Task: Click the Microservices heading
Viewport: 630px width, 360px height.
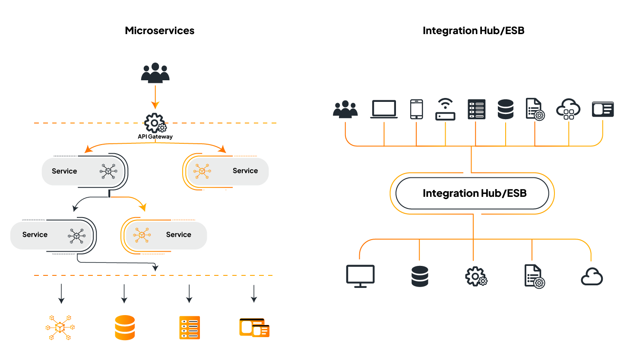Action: coord(159,31)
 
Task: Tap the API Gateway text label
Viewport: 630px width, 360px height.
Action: coord(155,137)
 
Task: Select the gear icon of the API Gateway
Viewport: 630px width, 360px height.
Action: coord(155,123)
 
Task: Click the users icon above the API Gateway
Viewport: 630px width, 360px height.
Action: coord(155,73)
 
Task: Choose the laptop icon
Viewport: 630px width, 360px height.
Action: coord(384,109)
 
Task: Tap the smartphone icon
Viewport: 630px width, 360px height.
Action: coord(416,109)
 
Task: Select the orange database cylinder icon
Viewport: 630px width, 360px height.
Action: coord(125,328)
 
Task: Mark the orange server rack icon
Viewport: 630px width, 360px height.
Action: coord(190,328)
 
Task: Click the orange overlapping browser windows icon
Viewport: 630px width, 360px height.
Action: coord(254,328)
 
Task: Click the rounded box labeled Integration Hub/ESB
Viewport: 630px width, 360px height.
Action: coord(472,193)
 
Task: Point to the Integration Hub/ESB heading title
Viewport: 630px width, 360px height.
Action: coord(473,31)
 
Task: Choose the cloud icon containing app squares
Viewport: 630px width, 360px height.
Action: coord(568,109)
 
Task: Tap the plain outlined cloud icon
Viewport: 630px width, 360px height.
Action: coord(592,277)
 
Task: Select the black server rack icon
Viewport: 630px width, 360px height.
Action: coord(476,109)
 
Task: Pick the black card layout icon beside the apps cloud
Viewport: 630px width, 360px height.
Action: coord(603,109)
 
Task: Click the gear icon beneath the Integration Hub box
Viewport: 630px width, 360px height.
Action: coord(476,276)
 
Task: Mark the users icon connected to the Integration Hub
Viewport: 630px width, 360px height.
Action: coord(345,110)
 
